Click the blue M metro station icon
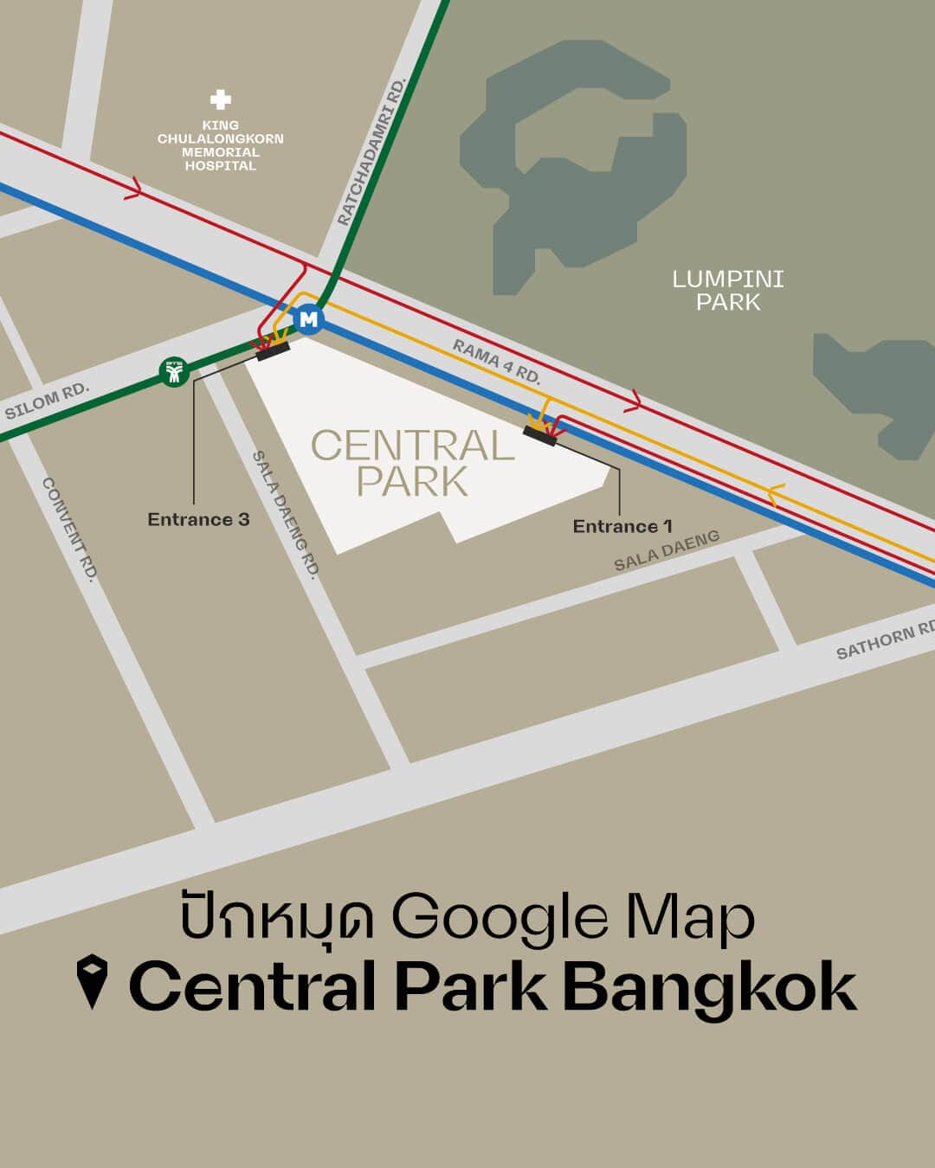(x=308, y=319)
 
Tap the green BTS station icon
(x=175, y=372)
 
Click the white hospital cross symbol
(x=221, y=100)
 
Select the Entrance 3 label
(x=198, y=519)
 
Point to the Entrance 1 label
(x=622, y=526)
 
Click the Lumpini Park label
(x=728, y=290)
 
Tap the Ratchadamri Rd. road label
(x=372, y=152)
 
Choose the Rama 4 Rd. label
(x=497, y=362)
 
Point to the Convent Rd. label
(x=69, y=529)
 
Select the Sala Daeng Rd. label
(x=286, y=514)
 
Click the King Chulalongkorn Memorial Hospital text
(x=221, y=145)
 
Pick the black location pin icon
(x=91, y=982)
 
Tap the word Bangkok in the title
(x=710, y=986)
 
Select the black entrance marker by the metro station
(x=273, y=350)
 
